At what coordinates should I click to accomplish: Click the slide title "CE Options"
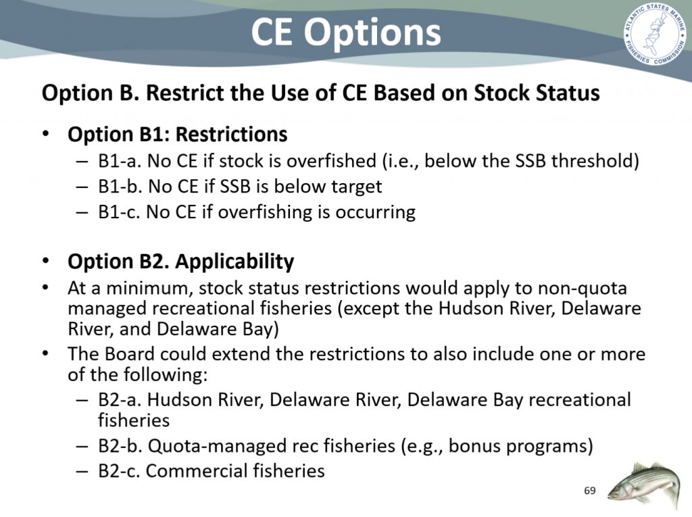(346, 32)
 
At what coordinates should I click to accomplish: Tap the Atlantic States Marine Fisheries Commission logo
(655, 34)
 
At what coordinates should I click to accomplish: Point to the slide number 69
(589, 491)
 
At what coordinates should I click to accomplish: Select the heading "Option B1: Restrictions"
(178, 134)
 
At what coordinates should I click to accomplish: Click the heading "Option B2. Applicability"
(180, 262)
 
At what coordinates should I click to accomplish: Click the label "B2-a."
(120, 399)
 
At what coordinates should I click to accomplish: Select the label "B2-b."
(120, 446)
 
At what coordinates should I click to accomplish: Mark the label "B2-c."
(119, 470)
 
